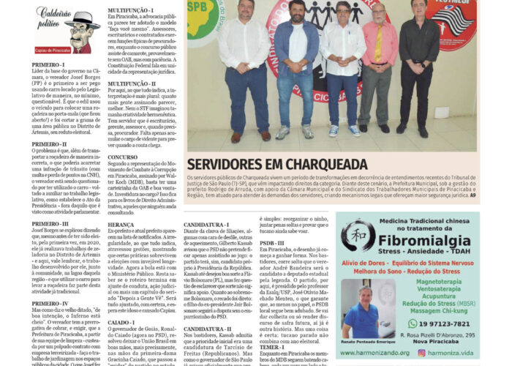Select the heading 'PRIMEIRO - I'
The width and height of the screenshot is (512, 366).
tap(48, 64)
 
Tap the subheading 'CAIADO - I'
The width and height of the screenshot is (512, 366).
tap(121, 321)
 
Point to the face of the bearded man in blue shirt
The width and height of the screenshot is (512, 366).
tap(297, 12)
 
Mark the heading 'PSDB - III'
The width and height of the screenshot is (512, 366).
tap(272, 242)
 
